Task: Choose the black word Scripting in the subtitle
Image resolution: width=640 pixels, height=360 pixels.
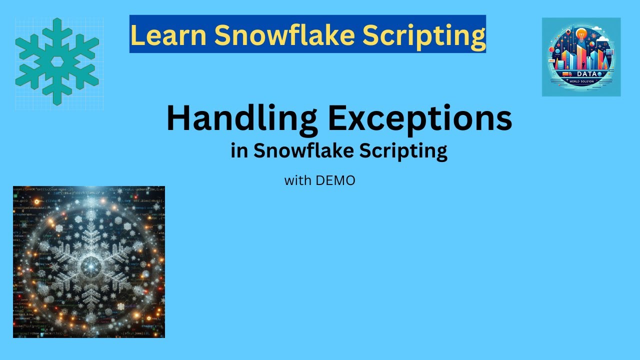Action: (x=405, y=151)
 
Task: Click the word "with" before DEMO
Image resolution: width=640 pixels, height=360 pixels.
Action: (x=297, y=180)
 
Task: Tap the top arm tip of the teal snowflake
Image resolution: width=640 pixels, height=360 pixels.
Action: (x=57, y=21)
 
